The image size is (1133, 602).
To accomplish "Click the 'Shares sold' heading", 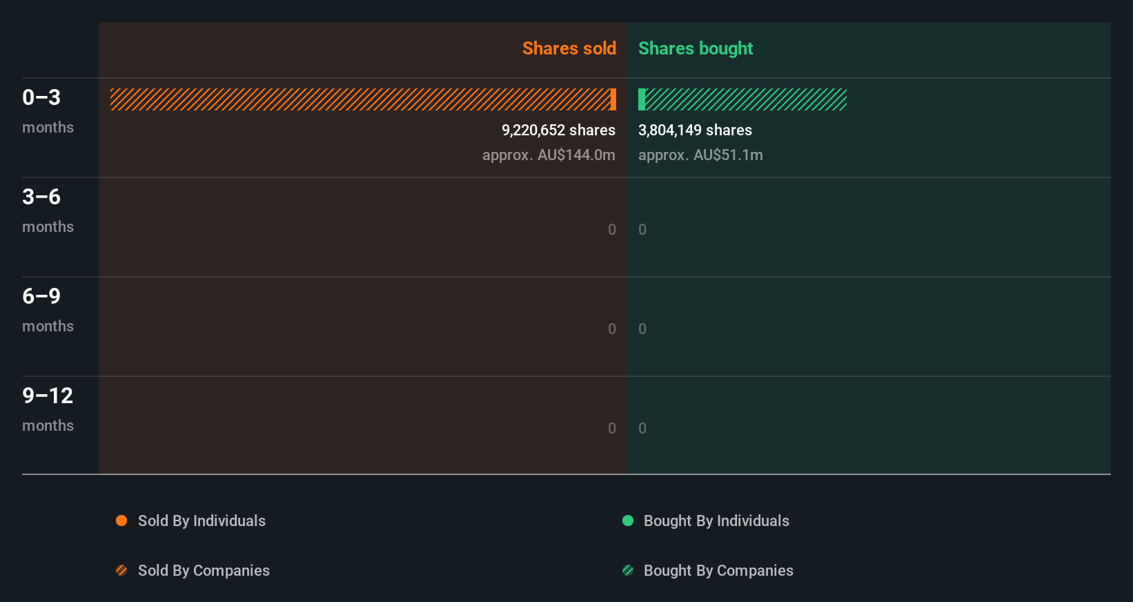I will click(569, 48).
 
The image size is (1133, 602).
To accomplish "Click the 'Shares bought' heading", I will click(695, 48).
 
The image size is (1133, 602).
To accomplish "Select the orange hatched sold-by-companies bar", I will click(359, 99).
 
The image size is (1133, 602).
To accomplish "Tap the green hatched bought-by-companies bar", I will click(746, 99).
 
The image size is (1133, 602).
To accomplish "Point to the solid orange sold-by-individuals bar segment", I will click(613, 99).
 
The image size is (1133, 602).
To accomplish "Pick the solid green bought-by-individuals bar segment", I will click(642, 99).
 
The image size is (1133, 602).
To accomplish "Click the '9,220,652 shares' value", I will click(558, 130).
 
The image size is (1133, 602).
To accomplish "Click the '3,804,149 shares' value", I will click(695, 130).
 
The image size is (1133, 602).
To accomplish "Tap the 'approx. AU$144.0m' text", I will click(549, 155).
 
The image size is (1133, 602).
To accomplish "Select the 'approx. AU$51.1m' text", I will click(700, 155).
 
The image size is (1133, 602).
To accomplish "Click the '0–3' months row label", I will click(41, 97).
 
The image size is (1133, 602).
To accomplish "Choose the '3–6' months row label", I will click(41, 197).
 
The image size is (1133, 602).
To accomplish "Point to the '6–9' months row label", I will click(41, 296).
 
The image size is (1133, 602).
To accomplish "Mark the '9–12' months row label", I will click(48, 396).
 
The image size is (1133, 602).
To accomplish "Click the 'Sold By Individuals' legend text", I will click(201, 521).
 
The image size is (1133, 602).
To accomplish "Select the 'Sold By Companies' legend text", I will click(204, 570).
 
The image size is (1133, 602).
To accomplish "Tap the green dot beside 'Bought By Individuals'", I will click(628, 521).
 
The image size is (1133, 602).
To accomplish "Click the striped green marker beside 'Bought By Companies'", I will click(628, 570).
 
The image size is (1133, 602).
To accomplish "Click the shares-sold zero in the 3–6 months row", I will click(612, 229).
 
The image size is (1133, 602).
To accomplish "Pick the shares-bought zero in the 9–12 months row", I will click(642, 428).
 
